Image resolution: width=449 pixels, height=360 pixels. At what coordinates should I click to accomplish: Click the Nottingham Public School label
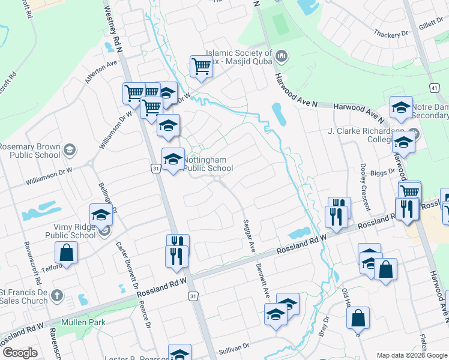[x=208, y=164]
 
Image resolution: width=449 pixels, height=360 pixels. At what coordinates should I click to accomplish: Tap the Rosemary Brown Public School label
[x=30, y=151]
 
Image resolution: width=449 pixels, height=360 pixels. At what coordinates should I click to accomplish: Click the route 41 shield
[x=433, y=88]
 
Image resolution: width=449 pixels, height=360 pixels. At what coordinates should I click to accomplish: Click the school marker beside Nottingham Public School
[x=173, y=158]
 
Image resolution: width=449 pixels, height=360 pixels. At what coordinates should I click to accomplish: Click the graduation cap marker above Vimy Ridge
[x=101, y=214]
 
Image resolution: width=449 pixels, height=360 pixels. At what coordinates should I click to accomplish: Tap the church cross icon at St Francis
[x=56, y=296]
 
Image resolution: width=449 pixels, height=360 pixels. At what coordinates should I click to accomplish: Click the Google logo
[x=19, y=353]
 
